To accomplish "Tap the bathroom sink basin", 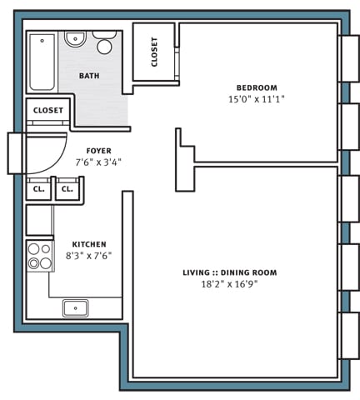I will tap(75, 38).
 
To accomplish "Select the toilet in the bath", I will tap(105, 43).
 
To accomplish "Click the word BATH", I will tap(89, 76).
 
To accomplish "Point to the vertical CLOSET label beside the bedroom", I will tap(155, 52).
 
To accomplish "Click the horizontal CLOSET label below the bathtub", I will tap(48, 110).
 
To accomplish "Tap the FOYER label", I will tap(98, 151).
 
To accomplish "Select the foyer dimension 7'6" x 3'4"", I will tap(98, 162).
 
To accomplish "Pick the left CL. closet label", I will tap(39, 189).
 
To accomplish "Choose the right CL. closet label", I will tap(67, 189).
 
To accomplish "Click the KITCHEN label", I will tap(88, 244).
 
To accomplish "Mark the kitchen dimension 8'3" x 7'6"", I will tap(88, 256).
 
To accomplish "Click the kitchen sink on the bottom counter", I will tap(75, 307).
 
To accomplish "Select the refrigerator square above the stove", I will tap(39, 220).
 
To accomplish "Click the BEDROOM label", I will tap(257, 87).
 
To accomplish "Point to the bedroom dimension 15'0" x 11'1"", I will tap(257, 99).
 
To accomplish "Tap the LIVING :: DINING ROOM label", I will tap(230, 272).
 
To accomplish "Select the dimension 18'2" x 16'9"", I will tap(231, 284).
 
